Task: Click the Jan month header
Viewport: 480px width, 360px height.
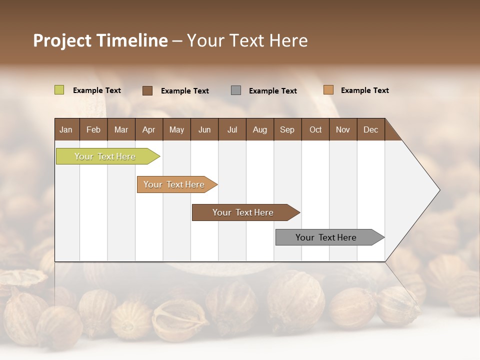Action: [66, 129]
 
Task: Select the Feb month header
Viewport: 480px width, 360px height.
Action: [93, 129]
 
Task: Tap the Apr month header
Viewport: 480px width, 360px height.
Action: [148, 129]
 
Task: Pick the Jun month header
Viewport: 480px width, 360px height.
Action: [204, 129]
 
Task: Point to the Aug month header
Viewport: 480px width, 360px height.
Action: [259, 129]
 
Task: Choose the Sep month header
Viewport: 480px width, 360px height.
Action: [287, 129]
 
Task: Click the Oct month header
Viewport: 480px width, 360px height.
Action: [315, 129]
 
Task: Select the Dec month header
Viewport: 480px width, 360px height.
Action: [370, 129]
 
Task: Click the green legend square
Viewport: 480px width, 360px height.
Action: [59, 90]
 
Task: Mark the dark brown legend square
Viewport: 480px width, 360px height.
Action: [147, 90]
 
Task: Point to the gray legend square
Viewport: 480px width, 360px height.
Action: [236, 90]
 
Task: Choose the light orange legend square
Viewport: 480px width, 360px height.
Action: [328, 90]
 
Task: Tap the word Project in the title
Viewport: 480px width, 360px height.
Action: [62, 40]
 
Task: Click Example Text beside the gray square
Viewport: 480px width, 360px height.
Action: [272, 91]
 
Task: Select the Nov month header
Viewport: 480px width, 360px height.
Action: [343, 129]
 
